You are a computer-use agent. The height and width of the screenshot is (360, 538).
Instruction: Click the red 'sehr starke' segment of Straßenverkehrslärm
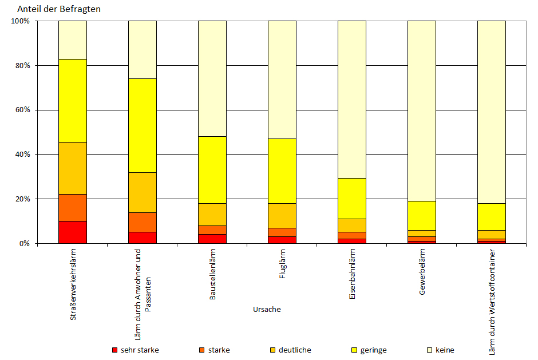73,232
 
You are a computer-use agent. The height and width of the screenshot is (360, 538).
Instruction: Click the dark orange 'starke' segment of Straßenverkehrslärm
73,207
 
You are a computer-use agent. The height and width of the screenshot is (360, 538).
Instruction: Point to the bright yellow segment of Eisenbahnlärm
352,198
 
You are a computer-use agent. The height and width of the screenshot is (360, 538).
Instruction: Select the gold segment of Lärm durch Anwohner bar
143,192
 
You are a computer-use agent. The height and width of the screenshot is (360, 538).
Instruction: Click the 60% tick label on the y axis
22,110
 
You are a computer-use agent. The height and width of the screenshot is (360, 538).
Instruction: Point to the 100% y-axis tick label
20,21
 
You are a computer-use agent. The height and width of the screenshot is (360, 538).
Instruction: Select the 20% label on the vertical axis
22,199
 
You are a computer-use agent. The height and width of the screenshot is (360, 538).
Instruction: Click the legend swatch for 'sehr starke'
114,350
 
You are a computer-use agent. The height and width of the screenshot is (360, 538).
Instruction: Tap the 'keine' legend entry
445,350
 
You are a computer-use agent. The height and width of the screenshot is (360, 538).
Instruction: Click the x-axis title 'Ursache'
267,310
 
